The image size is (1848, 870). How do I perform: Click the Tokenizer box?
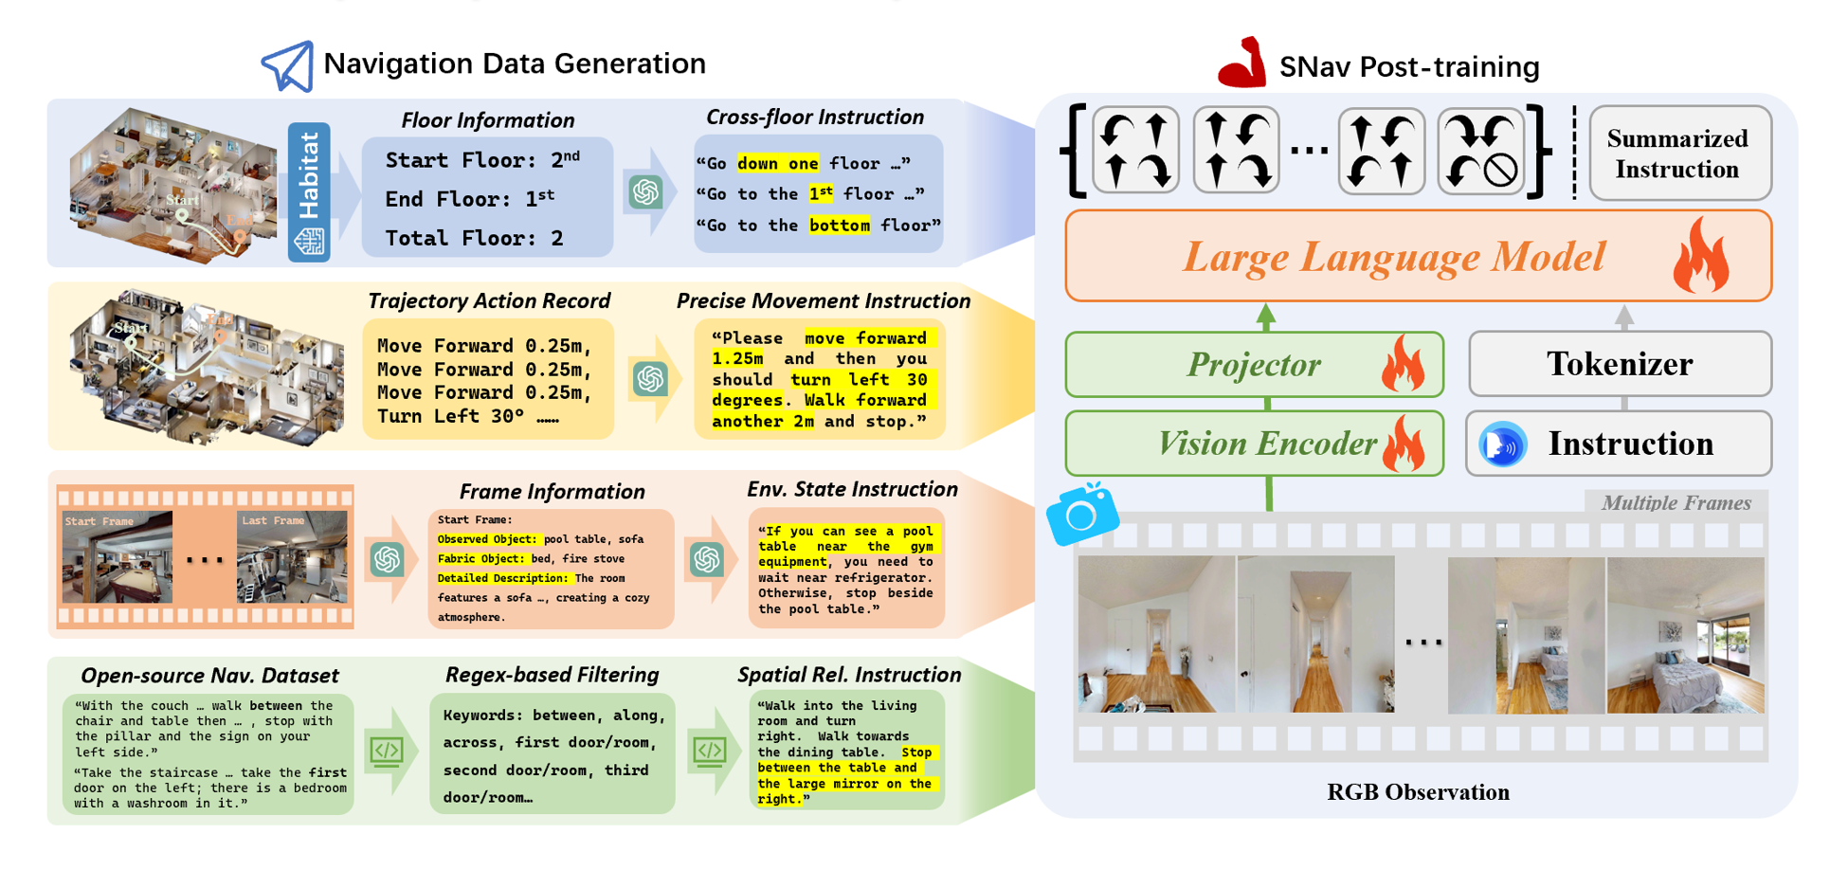(x=1620, y=364)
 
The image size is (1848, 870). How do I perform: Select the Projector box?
(x=1254, y=365)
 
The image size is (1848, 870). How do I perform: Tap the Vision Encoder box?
(x=1254, y=444)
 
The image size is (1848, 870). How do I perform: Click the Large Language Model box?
(x=1418, y=257)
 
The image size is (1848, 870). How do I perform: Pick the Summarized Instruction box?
(x=1678, y=154)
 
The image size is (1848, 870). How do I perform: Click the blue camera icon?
(x=1082, y=515)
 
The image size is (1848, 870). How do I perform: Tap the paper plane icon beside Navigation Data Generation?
(x=288, y=65)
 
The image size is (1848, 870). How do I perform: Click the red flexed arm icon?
(x=1242, y=64)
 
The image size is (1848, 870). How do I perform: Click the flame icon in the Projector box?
(x=1404, y=365)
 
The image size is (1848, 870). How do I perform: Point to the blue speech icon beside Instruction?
(x=1503, y=444)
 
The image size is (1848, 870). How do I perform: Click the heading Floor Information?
(x=487, y=120)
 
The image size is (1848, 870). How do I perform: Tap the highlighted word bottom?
(x=839, y=226)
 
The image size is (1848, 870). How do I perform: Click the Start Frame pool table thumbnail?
(x=118, y=558)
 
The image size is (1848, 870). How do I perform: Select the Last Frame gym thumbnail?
(x=292, y=558)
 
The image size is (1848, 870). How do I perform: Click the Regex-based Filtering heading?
(x=552, y=675)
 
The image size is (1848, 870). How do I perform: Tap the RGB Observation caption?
(x=1418, y=792)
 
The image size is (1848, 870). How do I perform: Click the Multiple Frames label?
(x=1676, y=503)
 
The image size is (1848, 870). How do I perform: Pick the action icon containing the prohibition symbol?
(x=1481, y=151)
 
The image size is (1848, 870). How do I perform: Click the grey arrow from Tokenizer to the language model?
(x=1623, y=317)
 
